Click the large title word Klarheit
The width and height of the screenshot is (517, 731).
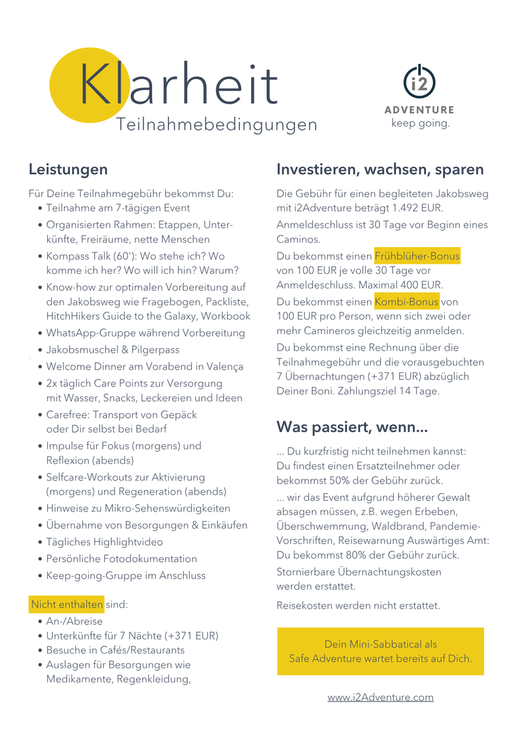coord(178,86)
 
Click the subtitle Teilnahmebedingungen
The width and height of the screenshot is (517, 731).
coord(216,125)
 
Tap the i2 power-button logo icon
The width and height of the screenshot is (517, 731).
coord(419,82)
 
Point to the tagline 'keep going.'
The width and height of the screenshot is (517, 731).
coord(420,124)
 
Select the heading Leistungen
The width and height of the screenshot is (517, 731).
coord(68,169)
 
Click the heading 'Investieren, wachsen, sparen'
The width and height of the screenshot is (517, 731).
coord(380,169)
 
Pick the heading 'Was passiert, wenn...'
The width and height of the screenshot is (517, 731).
coord(352,427)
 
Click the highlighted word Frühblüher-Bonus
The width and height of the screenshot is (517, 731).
coord(417,256)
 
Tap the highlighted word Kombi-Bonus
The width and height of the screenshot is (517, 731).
coord(407,301)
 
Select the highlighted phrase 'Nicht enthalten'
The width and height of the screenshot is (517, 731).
coord(67,604)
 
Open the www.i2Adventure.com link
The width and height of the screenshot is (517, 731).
coord(380,697)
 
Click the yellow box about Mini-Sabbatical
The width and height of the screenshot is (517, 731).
coord(380,651)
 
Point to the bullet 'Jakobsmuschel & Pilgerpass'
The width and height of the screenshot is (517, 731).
coord(112,350)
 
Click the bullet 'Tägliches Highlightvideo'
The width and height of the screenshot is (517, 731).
coord(104,542)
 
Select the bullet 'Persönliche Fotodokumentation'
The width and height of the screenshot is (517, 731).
coord(121,559)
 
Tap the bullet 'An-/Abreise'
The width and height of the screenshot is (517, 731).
coord(74,621)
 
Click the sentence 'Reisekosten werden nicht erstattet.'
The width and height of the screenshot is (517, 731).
coord(358,606)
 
